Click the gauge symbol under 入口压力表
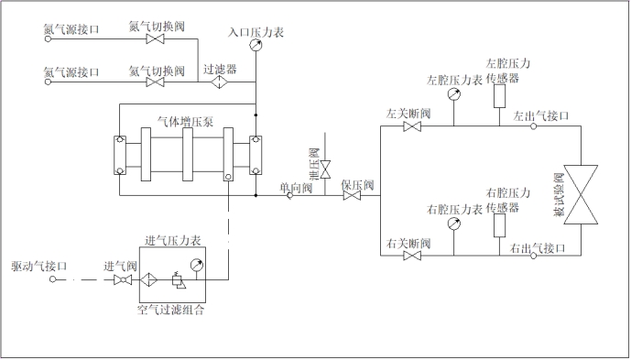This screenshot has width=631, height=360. tap(255, 47)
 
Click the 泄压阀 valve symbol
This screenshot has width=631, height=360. tap(325, 164)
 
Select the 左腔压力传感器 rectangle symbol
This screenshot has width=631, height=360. tap(499, 95)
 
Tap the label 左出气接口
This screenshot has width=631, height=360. tap(541, 117)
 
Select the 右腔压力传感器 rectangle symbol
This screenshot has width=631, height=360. tap(500, 225)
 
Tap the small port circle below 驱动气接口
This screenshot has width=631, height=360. tap(52, 279)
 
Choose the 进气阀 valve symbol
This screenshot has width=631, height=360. tap(120, 280)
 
